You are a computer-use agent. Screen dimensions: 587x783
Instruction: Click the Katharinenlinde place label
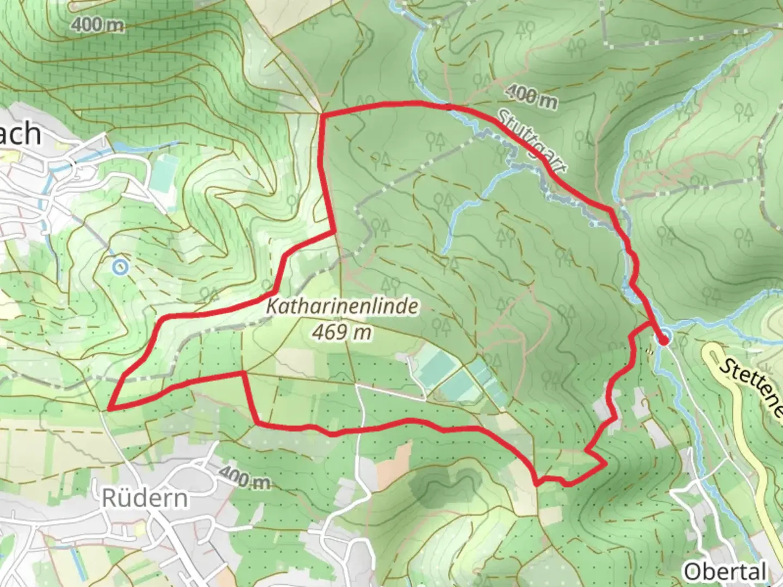click(x=343, y=307)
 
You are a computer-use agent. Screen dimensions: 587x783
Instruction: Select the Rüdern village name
click(x=145, y=498)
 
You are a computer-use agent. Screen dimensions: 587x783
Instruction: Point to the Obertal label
click(x=725, y=571)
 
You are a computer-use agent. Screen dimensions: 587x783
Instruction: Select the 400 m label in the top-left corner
click(x=97, y=25)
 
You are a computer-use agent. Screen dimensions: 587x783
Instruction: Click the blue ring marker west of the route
click(x=120, y=267)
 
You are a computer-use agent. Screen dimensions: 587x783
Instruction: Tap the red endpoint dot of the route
click(x=663, y=340)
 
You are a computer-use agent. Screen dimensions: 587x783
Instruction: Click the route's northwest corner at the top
click(x=323, y=115)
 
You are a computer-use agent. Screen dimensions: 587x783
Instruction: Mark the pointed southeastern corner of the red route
click(x=605, y=465)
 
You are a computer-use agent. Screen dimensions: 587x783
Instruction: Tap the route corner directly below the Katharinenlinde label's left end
click(x=243, y=373)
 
